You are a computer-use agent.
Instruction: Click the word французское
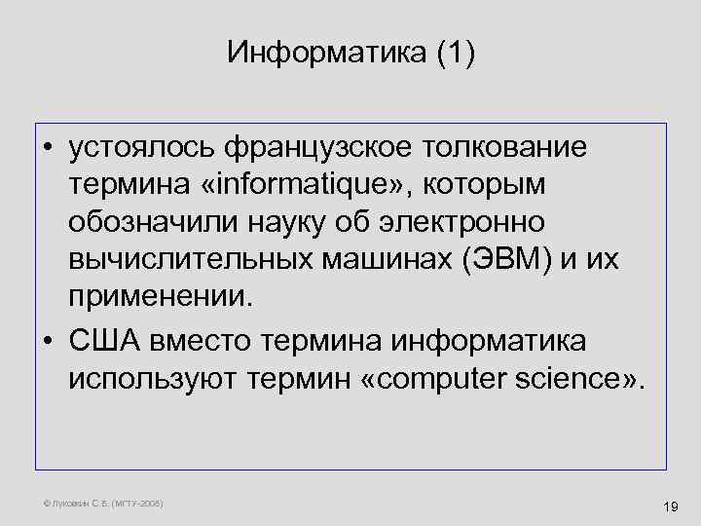[320, 149]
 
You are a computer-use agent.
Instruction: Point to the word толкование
[508, 149]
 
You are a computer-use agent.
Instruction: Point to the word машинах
[355, 259]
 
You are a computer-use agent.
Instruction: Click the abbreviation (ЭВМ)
[491, 259]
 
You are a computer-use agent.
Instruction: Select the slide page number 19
[669, 506]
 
